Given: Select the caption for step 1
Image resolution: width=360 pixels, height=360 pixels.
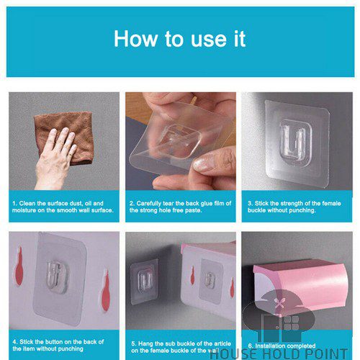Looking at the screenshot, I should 60,207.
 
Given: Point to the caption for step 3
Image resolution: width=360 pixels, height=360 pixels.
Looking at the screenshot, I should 295,207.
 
